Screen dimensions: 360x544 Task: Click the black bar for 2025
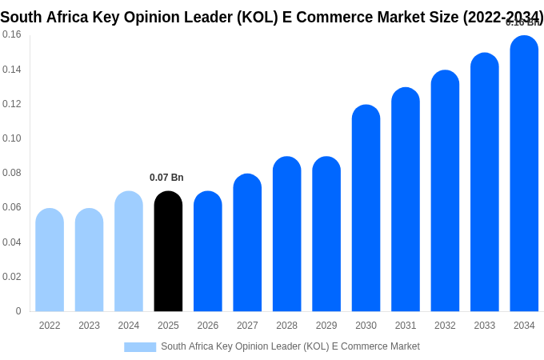click(168, 251)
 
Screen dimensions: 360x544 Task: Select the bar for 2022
click(50, 260)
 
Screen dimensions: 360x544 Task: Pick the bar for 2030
click(366, 208)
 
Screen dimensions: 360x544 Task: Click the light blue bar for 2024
click(129, 251)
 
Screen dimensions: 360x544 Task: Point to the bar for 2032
click(445, 191)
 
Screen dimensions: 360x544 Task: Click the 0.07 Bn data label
click(166, 178)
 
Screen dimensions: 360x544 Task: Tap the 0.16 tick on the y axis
click(12, 34)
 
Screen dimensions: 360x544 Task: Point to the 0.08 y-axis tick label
click(12, 173)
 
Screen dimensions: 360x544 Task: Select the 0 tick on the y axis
click(18, 311)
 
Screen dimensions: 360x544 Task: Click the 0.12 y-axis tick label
click(12, 104)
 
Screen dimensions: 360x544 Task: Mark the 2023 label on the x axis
click(89, 326)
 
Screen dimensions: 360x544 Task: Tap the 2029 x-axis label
click(326, 326)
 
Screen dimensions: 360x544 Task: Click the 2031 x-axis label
click(406, 326)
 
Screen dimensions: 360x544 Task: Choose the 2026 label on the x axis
click(208, 326)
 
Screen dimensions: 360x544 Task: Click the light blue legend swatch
click(140, 347)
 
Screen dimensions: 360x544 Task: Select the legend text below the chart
click(290, 346)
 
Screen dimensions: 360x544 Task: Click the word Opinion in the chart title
click(167, 17)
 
